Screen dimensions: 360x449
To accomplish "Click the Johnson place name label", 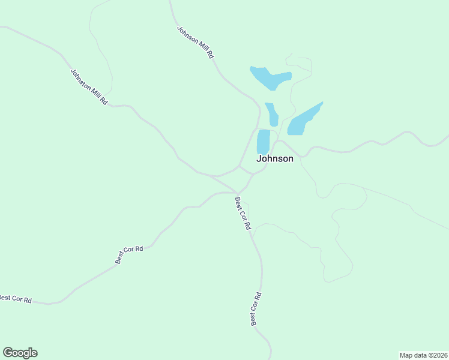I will (x=275, y=159).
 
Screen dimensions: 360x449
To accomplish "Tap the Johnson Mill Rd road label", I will (x=196, y=42).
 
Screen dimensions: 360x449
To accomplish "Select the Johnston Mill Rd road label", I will (x=89, y=87).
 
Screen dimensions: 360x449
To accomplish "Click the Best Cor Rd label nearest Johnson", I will (x=243, y=214).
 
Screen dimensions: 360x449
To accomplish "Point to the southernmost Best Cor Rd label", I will (x=256, y=309).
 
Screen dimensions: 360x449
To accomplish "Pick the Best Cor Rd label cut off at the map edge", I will (x=15, y=298).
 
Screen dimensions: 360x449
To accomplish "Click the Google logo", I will (x=20, y=353).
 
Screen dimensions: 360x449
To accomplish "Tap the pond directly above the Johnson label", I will (x=263, y=142).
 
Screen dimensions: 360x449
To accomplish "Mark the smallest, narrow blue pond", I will (x=272, y=114).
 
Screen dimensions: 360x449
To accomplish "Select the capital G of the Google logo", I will (x=7, y=353).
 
